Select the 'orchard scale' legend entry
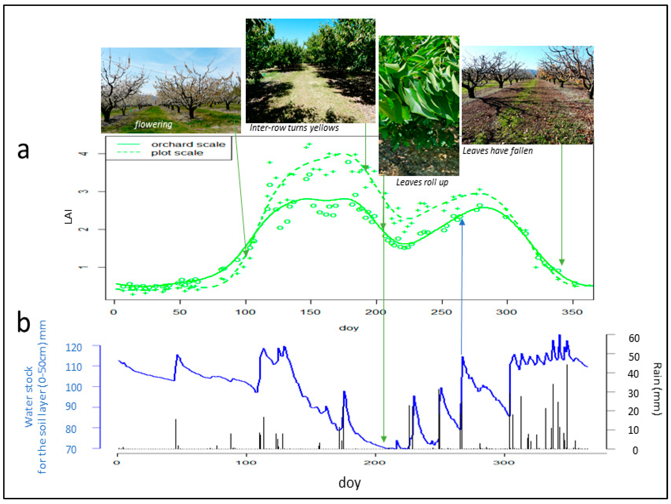click(188, 144)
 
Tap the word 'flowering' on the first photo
click(153, 124)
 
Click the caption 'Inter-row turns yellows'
click(294, 128)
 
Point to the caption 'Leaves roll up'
click(422, 182)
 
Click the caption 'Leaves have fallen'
click(497, 151)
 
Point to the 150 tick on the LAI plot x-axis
click(311, 312)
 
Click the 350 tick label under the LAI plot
click(572, 312)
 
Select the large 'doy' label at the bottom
click(349, 483)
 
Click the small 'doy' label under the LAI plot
click(349, 328)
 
